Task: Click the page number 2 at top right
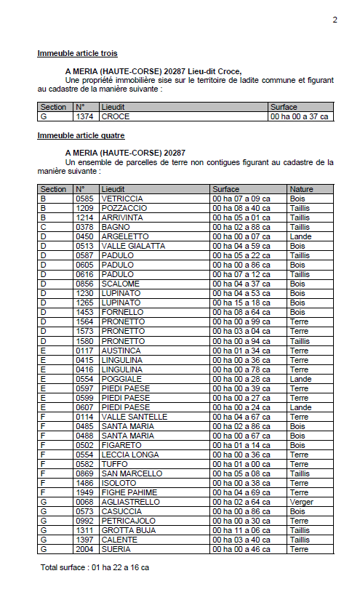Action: pyautogui.click(x=335, y=20)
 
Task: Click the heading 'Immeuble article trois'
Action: pyautogui.click(x=77, y=53)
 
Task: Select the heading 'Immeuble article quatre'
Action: pyautogui.click(x=81, y=135)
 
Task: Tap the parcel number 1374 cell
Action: pyautogui.click(x=84, y=116)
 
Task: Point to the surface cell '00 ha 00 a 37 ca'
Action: pyautogui.click(x=299, y=116)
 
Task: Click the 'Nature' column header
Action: pyautogui.click(x=301, y=189)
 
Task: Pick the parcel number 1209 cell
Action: pyautogui.click(x=84, y=208)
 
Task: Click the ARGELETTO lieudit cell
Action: pyautogui.click(x=124, y=236)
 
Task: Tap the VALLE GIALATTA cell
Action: pyautogui.click(x=133, y=246)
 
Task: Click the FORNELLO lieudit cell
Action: pyautogui.click(x=122, y=312)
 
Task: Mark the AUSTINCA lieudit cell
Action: pyautogui.click(x=121, y=351)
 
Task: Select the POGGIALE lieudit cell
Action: pyautogui.click(x=121, y=379)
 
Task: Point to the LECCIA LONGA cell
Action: pyautogui.click(x=131, y=455)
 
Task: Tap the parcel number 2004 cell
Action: pyautogui.click(x=84, y=549)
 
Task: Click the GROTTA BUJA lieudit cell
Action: pyautogui.click(x=128, y=530)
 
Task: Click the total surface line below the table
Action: pyautogui.click(x=95, y=567)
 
